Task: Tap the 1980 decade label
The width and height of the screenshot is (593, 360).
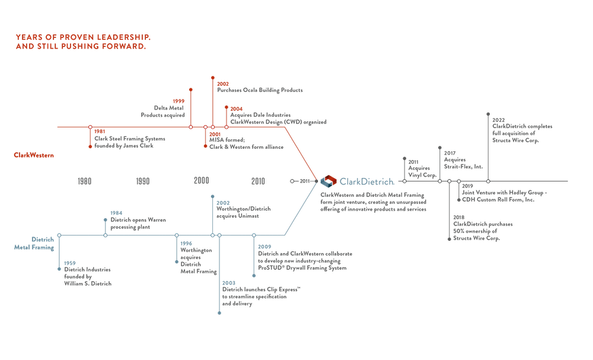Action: click(84, 181)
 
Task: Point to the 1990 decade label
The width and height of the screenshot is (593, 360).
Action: click(142, 181)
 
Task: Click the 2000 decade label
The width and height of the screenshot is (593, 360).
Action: click(201, 181)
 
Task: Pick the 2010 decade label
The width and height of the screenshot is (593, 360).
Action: click(259, 181)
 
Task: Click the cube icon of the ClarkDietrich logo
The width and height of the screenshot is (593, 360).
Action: click(327, 180)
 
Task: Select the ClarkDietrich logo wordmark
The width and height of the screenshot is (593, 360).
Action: click(365, 180)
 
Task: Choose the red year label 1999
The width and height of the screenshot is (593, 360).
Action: click(178, 101)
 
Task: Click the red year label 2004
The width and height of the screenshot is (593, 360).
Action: click(236, 109)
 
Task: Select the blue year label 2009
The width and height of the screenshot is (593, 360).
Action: click(264, 246)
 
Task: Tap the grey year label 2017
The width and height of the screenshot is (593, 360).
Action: click(450, 152)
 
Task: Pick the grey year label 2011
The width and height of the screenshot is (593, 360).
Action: click(413, 162)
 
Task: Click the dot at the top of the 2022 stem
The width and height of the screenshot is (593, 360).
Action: click(487, 113)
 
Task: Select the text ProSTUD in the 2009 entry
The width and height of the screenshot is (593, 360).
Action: click(269, 269)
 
